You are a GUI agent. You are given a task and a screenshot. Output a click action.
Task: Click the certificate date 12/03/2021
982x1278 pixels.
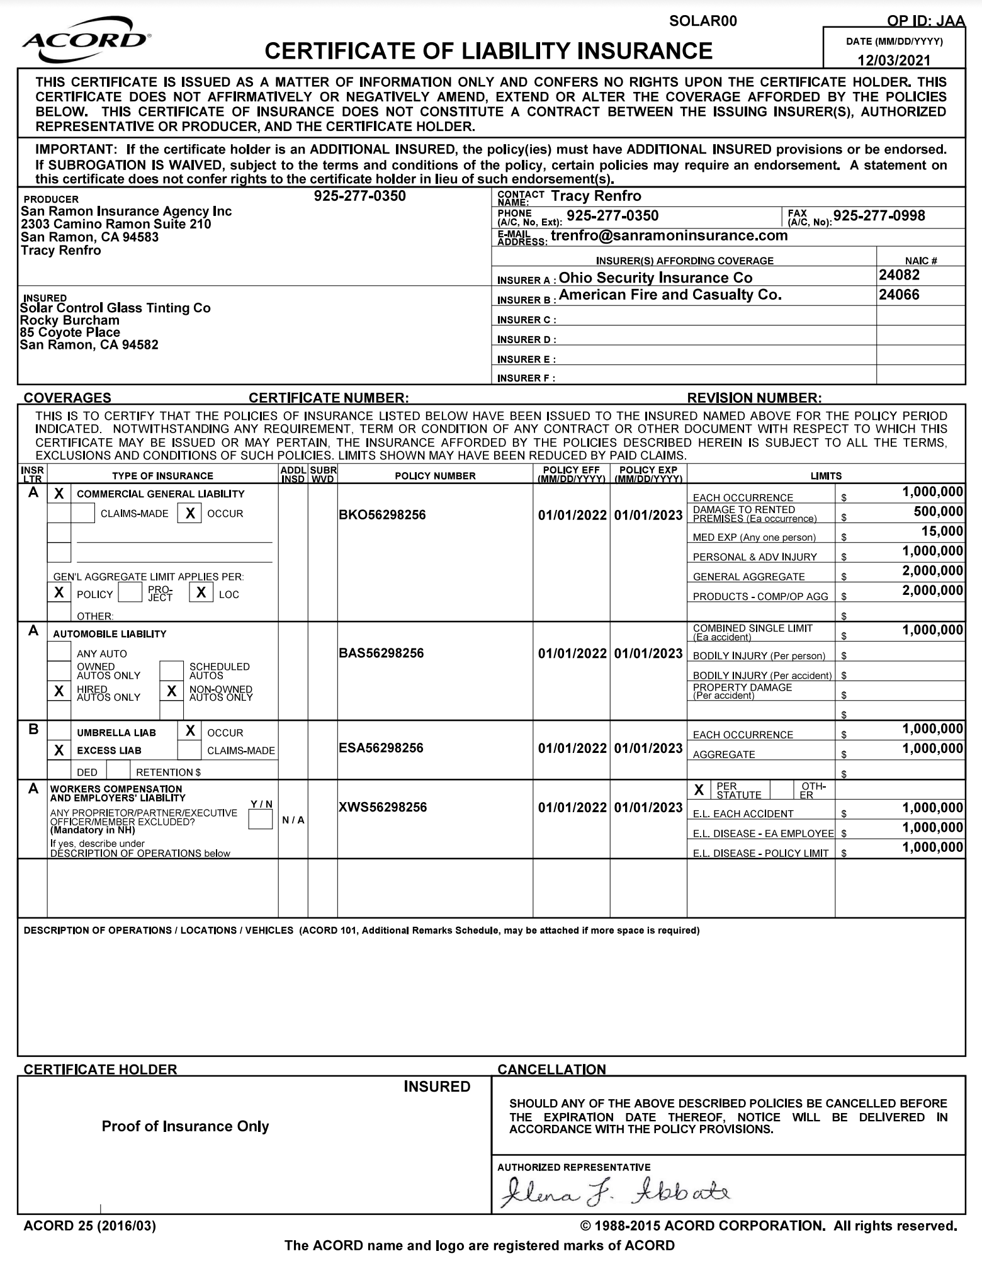[x=893, y=60]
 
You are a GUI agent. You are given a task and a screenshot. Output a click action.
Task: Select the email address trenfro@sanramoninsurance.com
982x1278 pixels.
[x=669, y=236]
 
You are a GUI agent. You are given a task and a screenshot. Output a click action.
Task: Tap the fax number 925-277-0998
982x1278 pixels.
[x=879, y=216]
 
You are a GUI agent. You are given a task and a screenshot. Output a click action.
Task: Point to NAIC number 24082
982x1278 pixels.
[x=899, y=275]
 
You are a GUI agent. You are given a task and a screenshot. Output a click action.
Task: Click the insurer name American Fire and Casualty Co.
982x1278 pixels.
[x=670, y=295]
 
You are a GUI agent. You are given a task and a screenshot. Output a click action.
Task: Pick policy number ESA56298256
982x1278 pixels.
[x=381, y=748]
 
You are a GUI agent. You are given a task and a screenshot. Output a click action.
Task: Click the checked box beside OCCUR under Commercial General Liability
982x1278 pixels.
[x=189, y=514]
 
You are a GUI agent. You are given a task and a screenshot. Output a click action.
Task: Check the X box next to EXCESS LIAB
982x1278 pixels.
[x=59, y=750]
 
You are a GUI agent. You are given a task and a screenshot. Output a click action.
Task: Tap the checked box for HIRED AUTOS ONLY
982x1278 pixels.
[x=59, y=691]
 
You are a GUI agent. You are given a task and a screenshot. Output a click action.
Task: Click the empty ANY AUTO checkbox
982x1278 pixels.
[x=59, y=652]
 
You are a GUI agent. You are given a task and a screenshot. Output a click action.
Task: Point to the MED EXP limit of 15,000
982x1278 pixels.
[x=942, y=531]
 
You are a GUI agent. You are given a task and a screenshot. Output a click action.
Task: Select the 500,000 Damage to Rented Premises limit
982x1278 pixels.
[x=938, y=512]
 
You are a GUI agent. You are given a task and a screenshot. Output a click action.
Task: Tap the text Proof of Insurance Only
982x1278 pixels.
[x=185, y=1126]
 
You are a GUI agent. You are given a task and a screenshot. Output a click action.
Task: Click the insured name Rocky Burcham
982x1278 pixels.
[x=70, y=320]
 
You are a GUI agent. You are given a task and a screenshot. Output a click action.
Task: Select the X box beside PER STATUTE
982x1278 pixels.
[x=699, y=789]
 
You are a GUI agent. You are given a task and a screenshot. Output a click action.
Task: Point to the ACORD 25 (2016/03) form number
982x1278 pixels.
[x=89, y=1226]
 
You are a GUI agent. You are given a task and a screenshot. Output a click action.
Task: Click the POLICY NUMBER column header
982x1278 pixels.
[x=435, y=476]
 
